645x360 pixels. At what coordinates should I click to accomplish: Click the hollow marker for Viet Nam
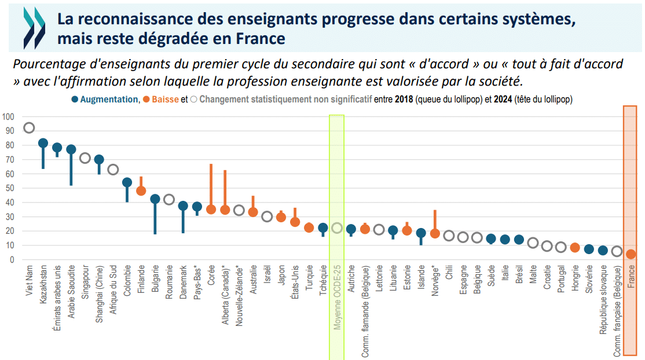[x=29, y=128]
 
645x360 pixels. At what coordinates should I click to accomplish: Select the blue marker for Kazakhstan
[x=43, y=143]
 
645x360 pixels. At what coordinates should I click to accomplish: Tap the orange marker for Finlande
[x=141, y=190]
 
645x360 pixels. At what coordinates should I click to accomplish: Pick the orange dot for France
[x=631, y=254]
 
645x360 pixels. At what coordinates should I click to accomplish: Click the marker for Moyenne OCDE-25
[x=337, y=228]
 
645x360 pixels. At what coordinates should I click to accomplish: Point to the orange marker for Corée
[x=211, y=209]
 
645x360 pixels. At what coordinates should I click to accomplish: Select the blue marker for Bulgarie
[x=155, y=199]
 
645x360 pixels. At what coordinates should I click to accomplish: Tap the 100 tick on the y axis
[x=8, y=116]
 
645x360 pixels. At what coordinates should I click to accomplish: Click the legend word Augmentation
[x=109, y=100]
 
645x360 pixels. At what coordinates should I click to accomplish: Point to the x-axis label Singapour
[x=85, y=282]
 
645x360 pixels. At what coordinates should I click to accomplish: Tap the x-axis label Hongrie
[x=575, y=280]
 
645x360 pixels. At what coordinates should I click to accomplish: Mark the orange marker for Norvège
[x=435, y=234]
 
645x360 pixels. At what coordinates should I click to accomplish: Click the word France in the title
[x=263, y=39]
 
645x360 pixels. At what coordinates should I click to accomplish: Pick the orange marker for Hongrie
[x=575, y=248]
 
